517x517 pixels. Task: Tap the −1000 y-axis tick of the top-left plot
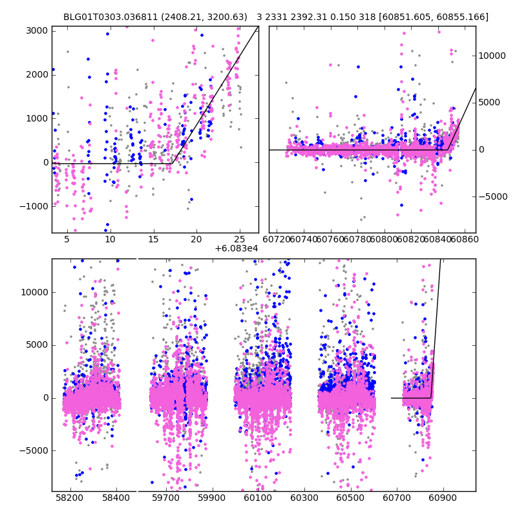[x=35, y=206]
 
